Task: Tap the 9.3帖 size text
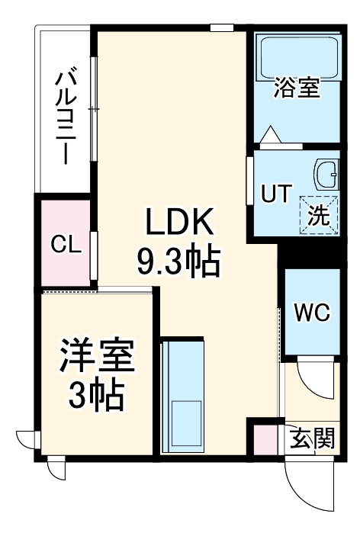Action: (178, 265)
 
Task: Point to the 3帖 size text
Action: (98, 395)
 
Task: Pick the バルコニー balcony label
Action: (64, 115)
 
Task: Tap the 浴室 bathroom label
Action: (297, 88)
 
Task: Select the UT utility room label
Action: (276, 194)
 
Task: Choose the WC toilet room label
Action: (310, 312)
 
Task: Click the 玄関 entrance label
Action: (312, 439)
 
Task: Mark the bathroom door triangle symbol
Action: (271, 135)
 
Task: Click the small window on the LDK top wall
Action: (221, 28)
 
